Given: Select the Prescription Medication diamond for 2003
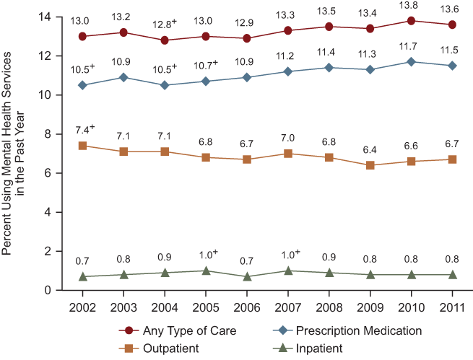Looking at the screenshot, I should click(123, 77).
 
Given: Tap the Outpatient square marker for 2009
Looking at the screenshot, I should click(370, 165).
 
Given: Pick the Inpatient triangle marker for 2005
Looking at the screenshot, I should click(206, 271).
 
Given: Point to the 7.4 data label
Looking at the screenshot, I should click(84, 131).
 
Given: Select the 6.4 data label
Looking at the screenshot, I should click(370, 150).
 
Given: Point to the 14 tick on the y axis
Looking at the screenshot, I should click(48, 17).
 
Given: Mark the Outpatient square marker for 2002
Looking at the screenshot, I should click(82, 146).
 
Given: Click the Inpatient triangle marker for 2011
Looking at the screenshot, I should click(453, 274).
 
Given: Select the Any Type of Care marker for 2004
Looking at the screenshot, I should click(165, 40).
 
